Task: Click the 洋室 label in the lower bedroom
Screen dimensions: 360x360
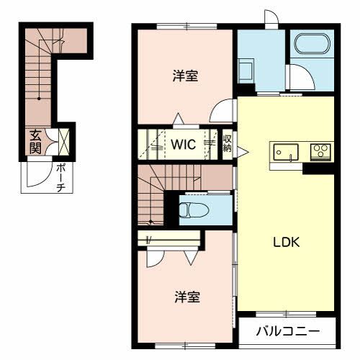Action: (186, 296)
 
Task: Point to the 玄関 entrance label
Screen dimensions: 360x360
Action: (35, 140)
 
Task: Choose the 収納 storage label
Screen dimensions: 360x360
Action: (227, 143)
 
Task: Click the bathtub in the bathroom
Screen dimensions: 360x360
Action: (311, 45)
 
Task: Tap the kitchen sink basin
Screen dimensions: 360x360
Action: (285, 152)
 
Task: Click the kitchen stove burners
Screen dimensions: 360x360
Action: (318, 151)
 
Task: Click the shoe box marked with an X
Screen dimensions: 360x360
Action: (63, 140)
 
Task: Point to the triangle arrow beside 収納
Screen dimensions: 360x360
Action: (242, 150)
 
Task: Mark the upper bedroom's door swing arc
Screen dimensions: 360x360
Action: (223, 112)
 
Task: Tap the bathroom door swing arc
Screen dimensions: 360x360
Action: (297, 77)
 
